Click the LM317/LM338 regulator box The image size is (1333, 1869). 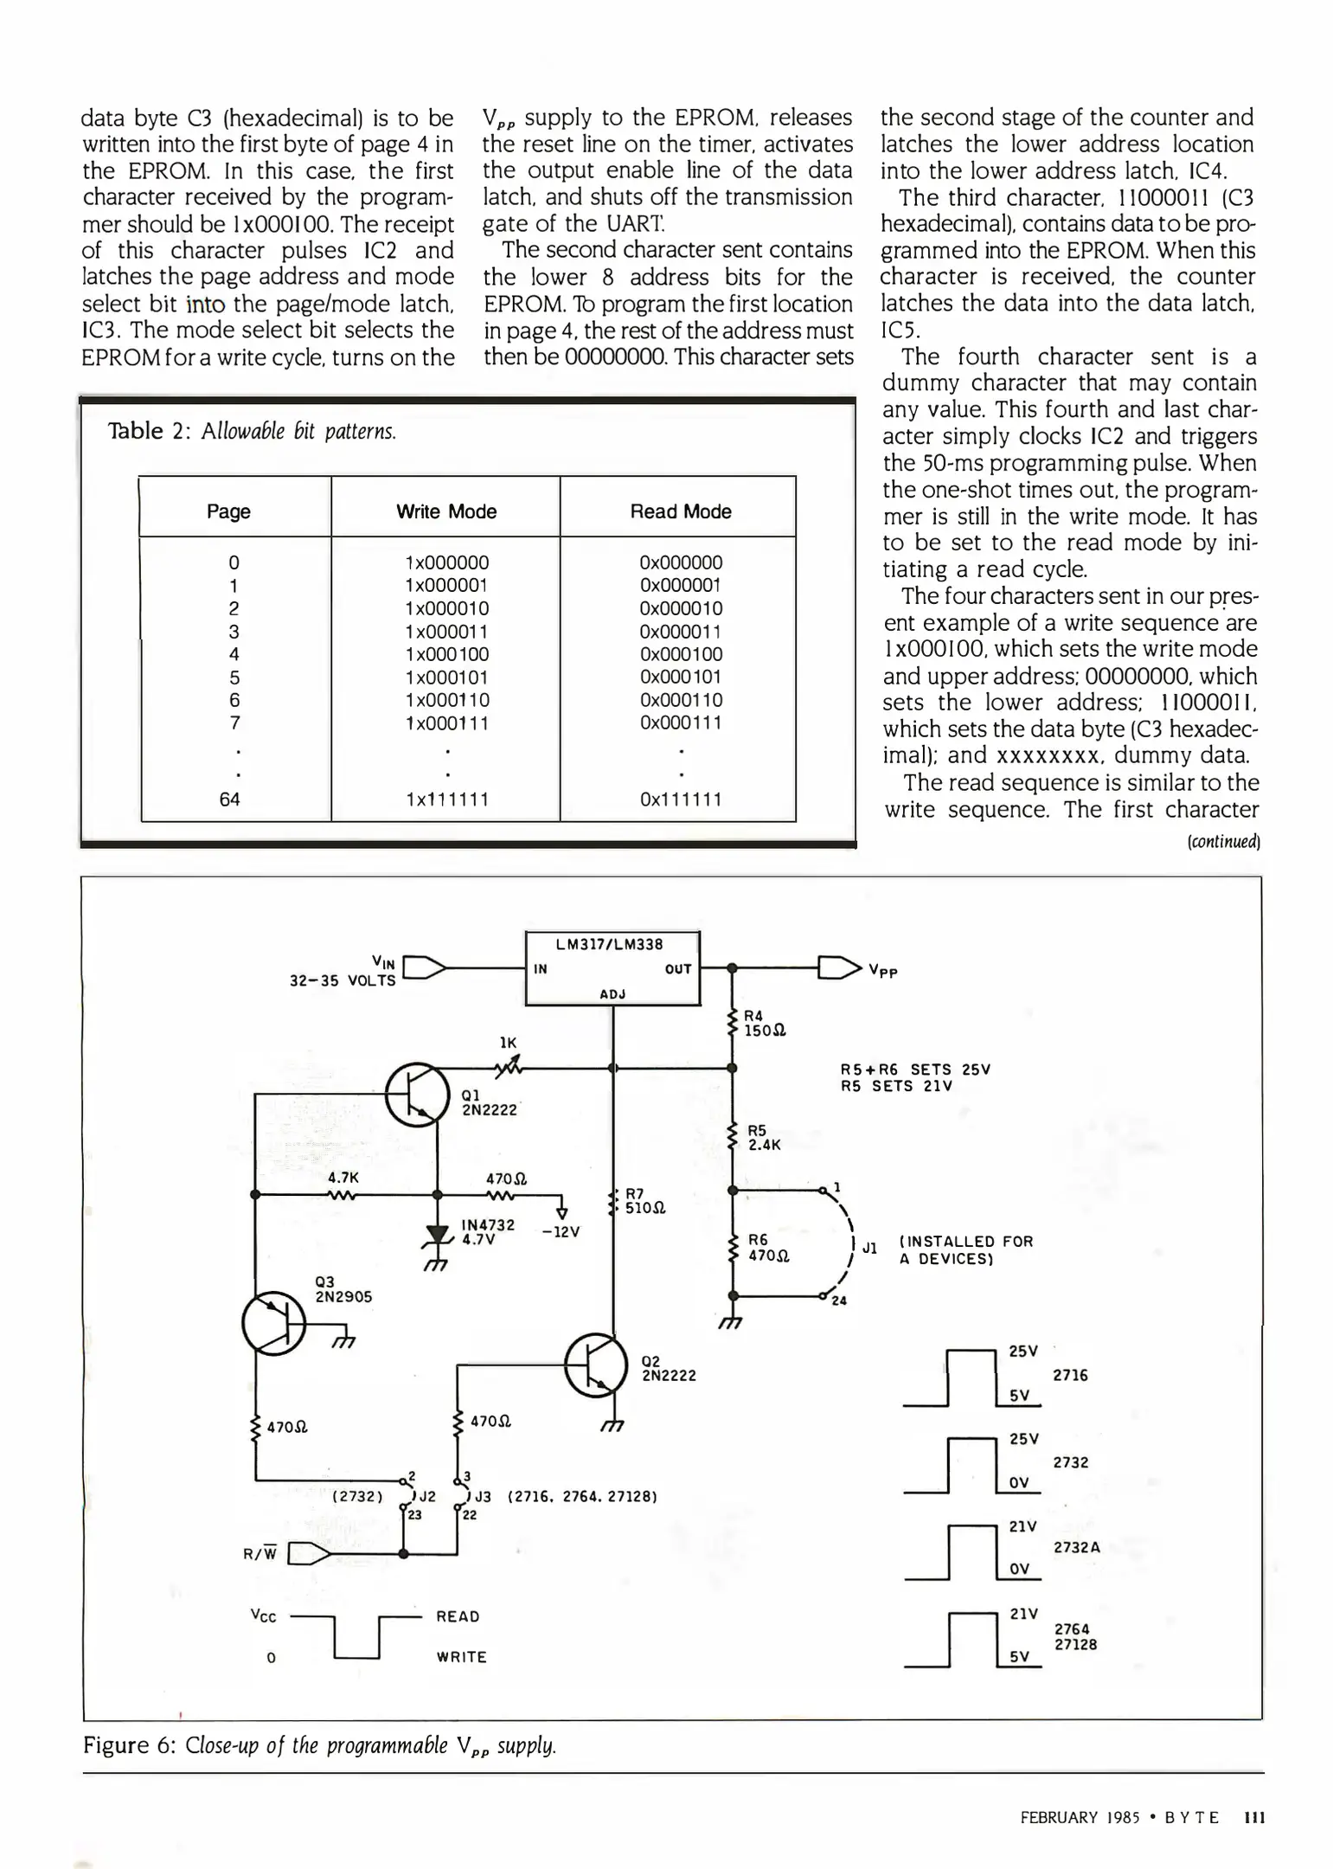click(612, 967)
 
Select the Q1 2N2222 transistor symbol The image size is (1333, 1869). click(417, 1094)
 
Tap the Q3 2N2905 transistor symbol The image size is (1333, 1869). click(273, 1325)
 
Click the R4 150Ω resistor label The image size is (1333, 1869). click(765, 1024)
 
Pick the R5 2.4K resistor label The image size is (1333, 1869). click(765, 1138)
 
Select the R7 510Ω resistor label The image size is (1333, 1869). click(644, 1201)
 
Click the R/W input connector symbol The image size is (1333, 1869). click(307, 1554)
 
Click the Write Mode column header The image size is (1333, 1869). click(446, 511)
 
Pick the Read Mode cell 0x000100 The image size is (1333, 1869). click(681, 654)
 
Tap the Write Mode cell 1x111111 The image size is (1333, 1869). click(446, 800)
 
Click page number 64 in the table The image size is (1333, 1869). click(229, 800)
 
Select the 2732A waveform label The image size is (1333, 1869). click(1076, 1547)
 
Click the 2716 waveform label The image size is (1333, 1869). click(1070, 1375)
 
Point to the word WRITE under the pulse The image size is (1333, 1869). click(461, 1657)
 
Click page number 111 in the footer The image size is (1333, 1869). click(1253, 1818)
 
